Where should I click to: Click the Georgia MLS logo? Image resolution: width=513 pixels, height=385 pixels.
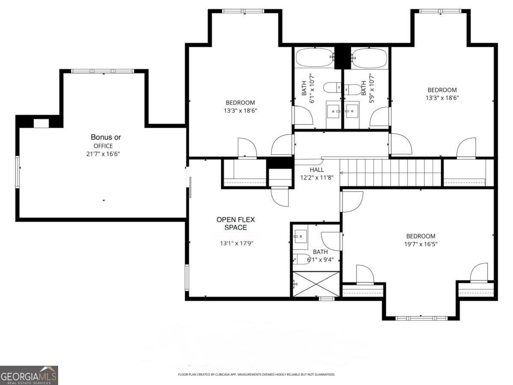(29, 375)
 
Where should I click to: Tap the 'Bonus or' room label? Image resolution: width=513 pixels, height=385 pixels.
(106, 137)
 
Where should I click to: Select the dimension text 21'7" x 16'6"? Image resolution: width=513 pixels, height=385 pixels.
(103, 154)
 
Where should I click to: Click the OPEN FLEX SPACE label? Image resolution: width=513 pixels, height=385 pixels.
(236, 223)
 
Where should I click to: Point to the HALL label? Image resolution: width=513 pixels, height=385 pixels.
(316, 170)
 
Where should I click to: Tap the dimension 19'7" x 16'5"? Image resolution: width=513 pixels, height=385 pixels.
(421, 244)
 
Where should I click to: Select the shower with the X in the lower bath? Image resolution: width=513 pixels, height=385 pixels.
(316, 284)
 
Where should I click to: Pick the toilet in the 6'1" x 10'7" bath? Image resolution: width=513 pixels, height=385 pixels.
(332, 89)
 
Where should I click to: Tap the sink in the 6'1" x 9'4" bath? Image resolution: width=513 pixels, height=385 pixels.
(301, 236)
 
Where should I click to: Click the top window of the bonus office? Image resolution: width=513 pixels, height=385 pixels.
(103, 71)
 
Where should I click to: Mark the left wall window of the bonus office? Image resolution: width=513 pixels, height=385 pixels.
(18, 172)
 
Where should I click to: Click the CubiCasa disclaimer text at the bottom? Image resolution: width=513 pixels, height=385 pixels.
(256, 375)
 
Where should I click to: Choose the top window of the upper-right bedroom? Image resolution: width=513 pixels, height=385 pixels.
(440, 11)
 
